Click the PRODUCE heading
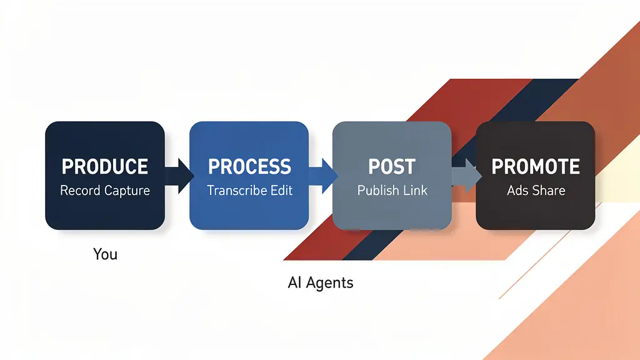[105, 167]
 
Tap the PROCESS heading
[249, 167]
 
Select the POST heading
[392, 167]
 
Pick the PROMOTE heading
[536, 167]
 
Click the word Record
[81, 190]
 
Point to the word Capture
[127, 191]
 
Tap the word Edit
[281, 190]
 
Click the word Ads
[518, 190]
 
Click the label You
[105, 254]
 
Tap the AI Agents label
[321, 282]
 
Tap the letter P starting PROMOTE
[497, 167]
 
